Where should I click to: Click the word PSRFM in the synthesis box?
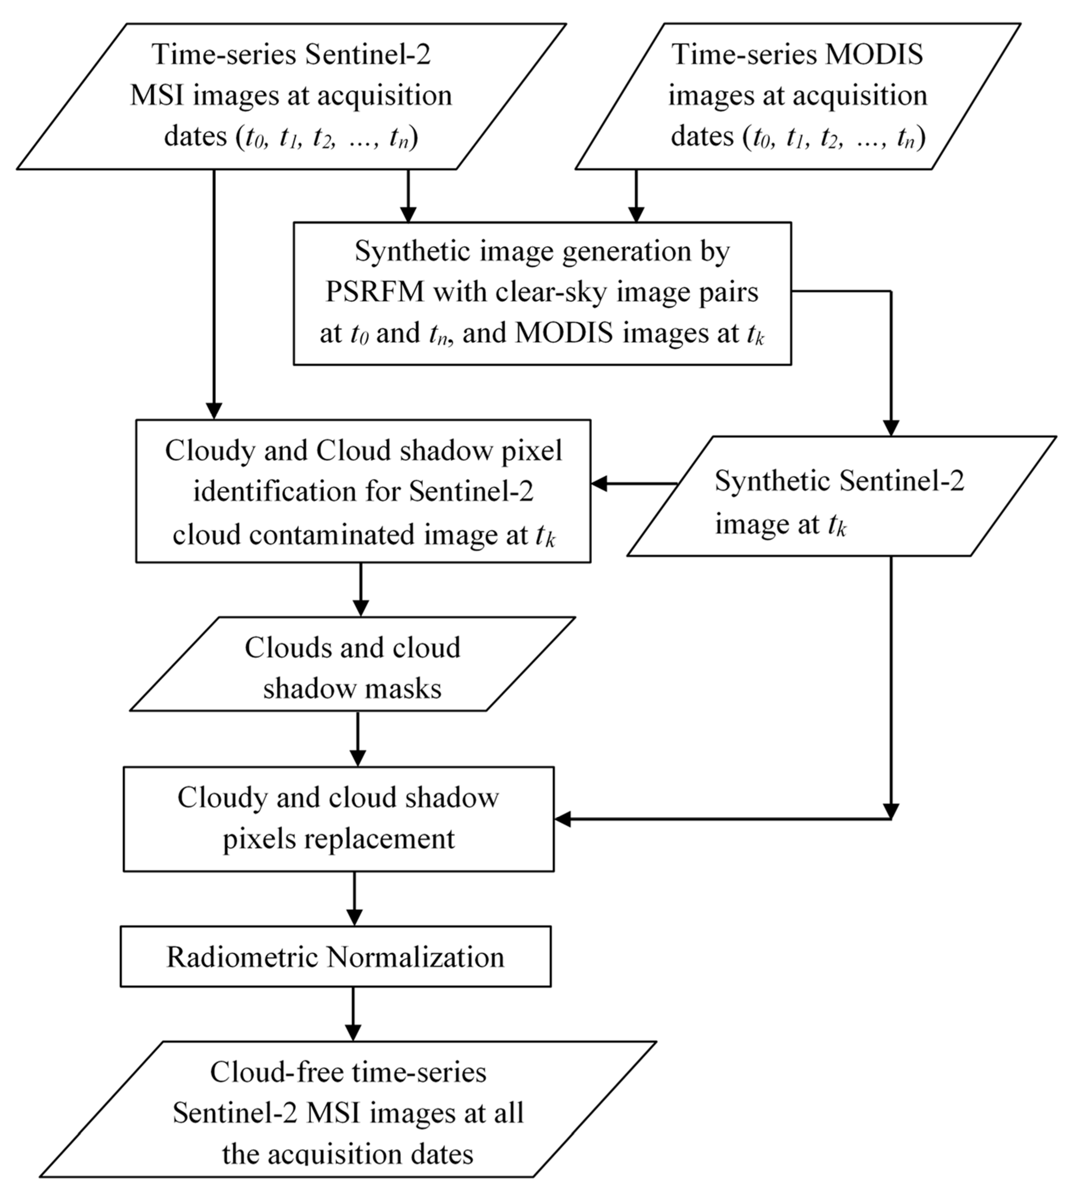375,292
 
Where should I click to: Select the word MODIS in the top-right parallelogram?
874,55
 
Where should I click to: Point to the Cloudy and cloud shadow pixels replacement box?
338,819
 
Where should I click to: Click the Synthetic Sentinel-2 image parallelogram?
842,496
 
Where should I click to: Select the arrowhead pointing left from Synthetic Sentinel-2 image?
599,484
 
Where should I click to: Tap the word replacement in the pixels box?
379,839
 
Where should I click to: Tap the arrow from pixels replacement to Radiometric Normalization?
354,899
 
